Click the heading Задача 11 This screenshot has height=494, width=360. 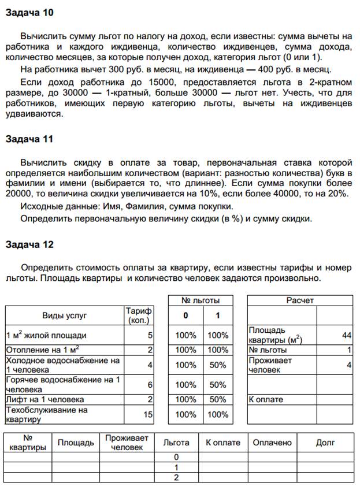click(29, 139)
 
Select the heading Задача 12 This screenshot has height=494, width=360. click(29, 244)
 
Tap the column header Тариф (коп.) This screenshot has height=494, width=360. click(139, 315)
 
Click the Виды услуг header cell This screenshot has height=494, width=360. click(65, 315)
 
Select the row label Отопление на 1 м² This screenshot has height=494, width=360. click(43, 350)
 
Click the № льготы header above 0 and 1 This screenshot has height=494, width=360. click(201, 300)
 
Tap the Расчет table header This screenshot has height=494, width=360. click(300, 300)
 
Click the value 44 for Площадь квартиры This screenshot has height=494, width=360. click(347, 335)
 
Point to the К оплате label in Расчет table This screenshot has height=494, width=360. click(266, 399)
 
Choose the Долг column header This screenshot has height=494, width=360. click(326, 443)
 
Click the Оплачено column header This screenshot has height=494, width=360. click(272, 443)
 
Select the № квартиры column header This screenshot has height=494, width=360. click(28, 443)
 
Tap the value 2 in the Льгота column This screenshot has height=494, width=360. click(176, 477)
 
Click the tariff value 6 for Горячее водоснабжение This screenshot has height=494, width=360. click(150, 384)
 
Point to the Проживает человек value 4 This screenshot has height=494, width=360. click(348, 365)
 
